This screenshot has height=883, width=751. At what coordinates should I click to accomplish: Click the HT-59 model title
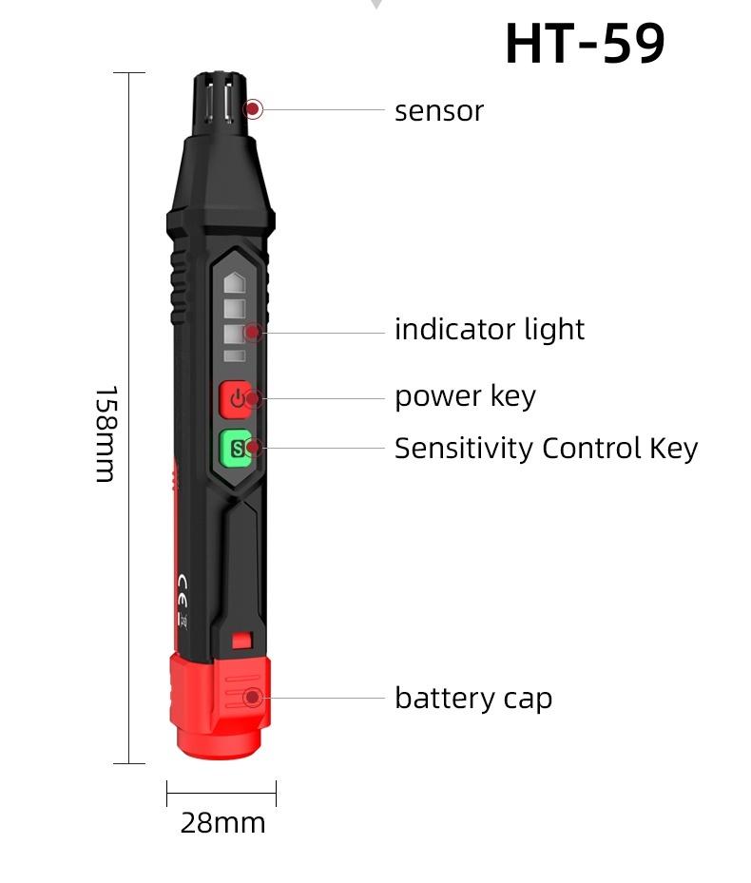[584, 44]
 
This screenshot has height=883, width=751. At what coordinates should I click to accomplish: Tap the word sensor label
[438, 111]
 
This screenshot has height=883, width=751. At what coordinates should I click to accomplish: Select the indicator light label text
[490, 330]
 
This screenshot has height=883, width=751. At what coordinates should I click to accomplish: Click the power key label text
[465, 396]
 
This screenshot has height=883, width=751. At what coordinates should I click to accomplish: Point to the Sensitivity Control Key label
[546, 448]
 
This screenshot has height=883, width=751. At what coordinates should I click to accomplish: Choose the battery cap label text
[472, 699]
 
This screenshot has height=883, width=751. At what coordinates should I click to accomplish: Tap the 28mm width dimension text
[222, 822]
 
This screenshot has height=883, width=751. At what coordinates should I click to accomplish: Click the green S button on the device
[235, 448]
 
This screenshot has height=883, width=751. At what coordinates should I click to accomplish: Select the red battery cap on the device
[221, 703]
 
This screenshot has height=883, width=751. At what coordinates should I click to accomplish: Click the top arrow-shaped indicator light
[234, 282]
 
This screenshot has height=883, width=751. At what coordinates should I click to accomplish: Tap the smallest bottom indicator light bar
[234, 356]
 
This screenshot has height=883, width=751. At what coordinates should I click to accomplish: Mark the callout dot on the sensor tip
[253, 109]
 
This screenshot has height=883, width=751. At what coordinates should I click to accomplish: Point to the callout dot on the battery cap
[252, 698]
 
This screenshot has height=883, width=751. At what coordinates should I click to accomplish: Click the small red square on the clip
[241, 641]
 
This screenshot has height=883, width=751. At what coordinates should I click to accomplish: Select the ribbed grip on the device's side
[178, 285]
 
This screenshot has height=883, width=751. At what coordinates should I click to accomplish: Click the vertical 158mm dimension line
[128, 285]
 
